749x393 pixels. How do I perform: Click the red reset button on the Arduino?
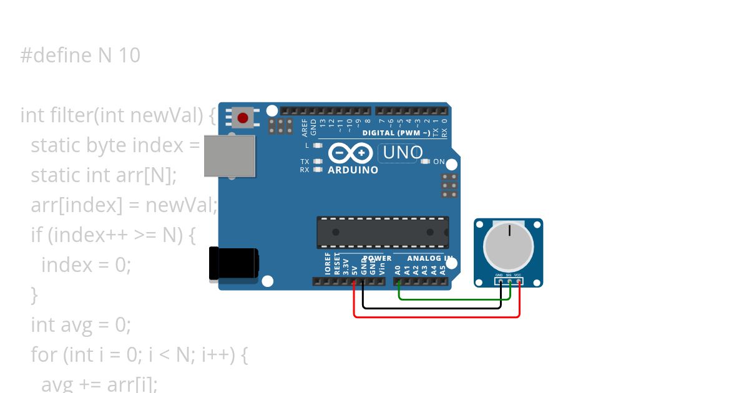coord(243,117)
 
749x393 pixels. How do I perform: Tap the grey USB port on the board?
coord(230,155)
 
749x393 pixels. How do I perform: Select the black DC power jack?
coord(233,263)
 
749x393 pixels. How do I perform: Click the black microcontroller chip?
coord(383,232)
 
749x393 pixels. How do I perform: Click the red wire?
coord(437,317)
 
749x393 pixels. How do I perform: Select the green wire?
coord(456,299)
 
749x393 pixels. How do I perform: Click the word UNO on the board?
coord(403,152)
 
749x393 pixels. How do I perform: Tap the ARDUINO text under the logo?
coord(353,170)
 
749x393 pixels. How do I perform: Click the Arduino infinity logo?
coord(350,153)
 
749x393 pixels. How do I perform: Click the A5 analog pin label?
coord(443,270)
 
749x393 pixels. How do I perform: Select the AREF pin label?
coord(305,128)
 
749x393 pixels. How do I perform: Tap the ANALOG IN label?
coord(430,258)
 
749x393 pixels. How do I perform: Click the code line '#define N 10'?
coord(80,56)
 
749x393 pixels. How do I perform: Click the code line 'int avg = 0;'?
coord(81,325)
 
